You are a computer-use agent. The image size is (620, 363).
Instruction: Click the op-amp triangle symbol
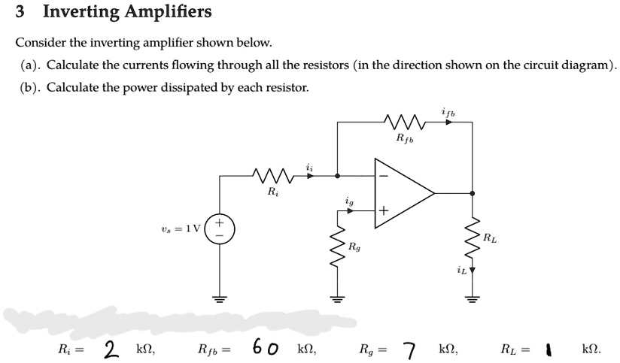[403, 193]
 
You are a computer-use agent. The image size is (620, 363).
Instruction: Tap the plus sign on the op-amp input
[384, 211]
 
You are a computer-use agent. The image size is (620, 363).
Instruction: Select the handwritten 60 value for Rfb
[266, 348]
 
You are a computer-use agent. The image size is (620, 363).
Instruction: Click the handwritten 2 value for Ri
[112, 349]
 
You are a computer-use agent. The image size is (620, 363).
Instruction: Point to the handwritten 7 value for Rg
[409, 349]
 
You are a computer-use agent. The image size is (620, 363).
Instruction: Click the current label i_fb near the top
[447, 110]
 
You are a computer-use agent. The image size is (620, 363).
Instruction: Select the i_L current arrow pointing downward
[473, 268]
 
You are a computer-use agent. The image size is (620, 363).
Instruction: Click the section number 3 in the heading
[21, 12]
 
